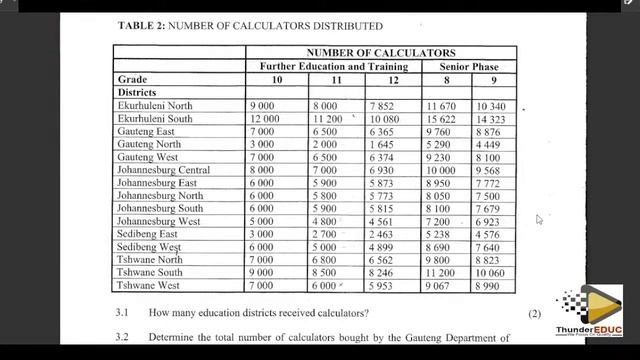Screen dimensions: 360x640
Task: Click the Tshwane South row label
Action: pos(150,272)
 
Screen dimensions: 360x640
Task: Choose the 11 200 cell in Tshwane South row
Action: pos(441,272)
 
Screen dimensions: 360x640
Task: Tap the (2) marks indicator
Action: pos(535,313)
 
